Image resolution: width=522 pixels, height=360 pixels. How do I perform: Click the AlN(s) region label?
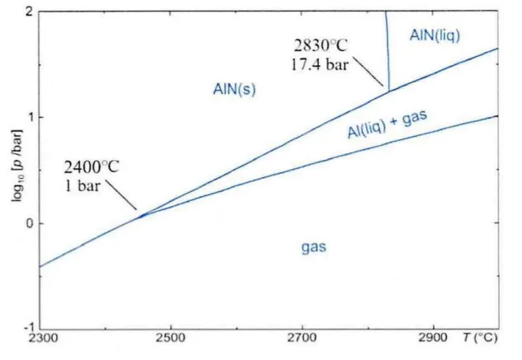click(x=235, y=89)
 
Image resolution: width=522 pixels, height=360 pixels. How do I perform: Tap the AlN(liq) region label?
click(x=435, y=35)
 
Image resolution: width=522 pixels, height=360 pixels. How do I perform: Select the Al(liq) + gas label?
click(x=387, y=124)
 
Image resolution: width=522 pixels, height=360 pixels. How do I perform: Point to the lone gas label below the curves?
click(x=314, y=247)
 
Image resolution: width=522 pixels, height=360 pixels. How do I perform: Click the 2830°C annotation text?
click(x=320, y=45)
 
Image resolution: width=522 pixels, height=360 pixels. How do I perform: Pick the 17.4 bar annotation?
click(x=319, y=64)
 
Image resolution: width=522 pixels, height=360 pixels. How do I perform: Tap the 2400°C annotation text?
click(x=91, y=166)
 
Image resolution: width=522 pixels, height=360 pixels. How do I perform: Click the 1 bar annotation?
click(x=82, y=185)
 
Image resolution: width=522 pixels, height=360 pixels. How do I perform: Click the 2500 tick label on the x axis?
click(x=170, y=338)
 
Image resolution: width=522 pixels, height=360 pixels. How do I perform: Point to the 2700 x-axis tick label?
click(x=302, y=338)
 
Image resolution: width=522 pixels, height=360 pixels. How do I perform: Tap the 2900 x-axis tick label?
click(x=433, y=338)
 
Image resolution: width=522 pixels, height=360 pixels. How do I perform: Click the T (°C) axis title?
click(x=480, y=338)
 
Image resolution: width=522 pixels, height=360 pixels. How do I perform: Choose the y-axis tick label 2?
click(x=30, y=12)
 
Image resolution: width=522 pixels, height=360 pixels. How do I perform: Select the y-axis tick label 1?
click(x=30, y=117)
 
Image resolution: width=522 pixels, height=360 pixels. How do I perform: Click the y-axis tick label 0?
click(x=30, y=222)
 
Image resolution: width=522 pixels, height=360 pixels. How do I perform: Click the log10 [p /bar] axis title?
click(x=16, y=165)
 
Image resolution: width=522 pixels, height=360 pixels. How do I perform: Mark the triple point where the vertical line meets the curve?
click(x=389, y=91)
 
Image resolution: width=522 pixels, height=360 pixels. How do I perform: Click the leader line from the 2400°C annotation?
click(x=121, y=195)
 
